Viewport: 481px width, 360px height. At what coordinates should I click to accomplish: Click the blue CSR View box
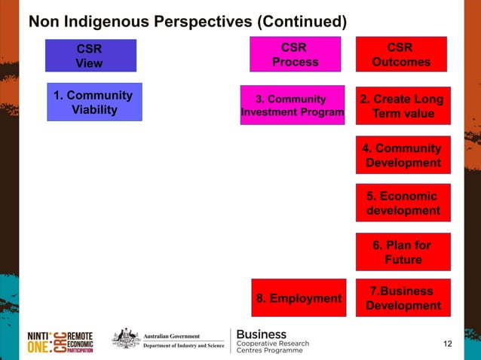tap(90, 55)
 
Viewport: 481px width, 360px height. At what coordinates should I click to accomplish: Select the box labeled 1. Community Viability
tap(94, 102)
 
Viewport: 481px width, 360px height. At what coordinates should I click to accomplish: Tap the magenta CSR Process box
tap(295, 55)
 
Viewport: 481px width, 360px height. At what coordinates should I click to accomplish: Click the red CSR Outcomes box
tap(401, 55)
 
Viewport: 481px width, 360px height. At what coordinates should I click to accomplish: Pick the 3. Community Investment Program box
tap(292, 105)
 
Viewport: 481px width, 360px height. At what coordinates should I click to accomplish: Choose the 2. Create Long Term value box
tap(403, 106)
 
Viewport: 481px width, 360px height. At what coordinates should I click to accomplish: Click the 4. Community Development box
tap(403, 155)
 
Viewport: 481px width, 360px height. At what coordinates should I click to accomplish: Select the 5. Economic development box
tap(403, 203)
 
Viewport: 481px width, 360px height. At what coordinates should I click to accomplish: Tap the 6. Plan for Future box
tap(403, 252)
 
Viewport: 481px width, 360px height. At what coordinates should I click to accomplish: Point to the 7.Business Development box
tap(403, 298)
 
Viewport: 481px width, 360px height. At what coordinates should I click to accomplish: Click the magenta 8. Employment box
tap(299, 298)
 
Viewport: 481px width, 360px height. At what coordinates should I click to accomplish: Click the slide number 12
tap(448, 344)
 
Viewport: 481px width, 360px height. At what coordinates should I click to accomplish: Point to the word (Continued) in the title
tap(301, 20)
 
